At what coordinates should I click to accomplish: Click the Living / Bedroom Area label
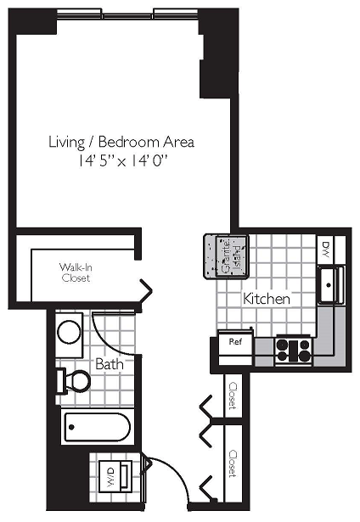click(121, 142)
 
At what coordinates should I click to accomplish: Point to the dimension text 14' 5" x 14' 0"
click(121, 160)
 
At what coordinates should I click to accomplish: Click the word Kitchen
click(267, 299)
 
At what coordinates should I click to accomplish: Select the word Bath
click(108, 363)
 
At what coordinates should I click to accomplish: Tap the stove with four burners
click(294, 351)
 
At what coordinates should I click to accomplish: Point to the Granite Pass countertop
click(222, 254)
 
